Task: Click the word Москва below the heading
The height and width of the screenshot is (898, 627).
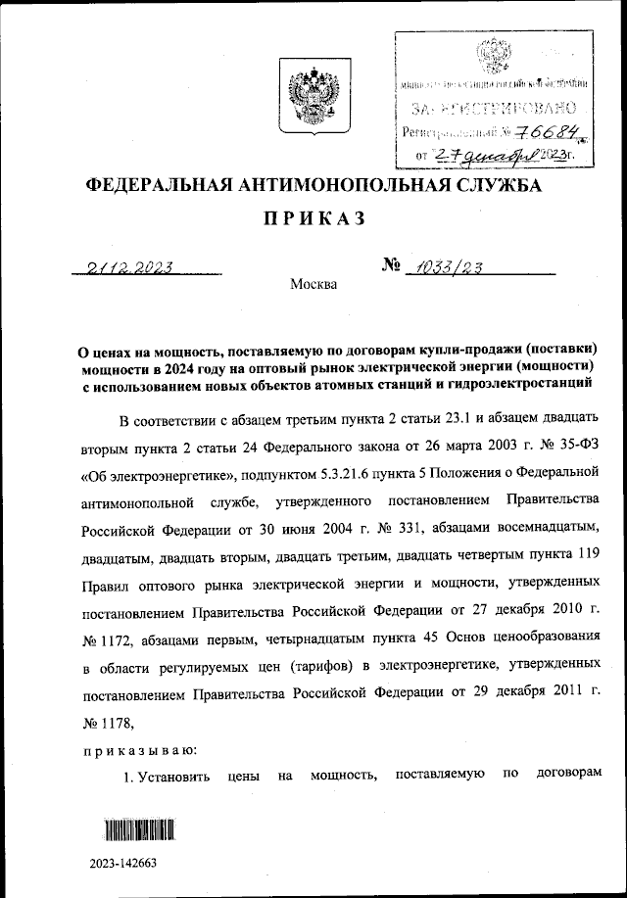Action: (x=313, y=285)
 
